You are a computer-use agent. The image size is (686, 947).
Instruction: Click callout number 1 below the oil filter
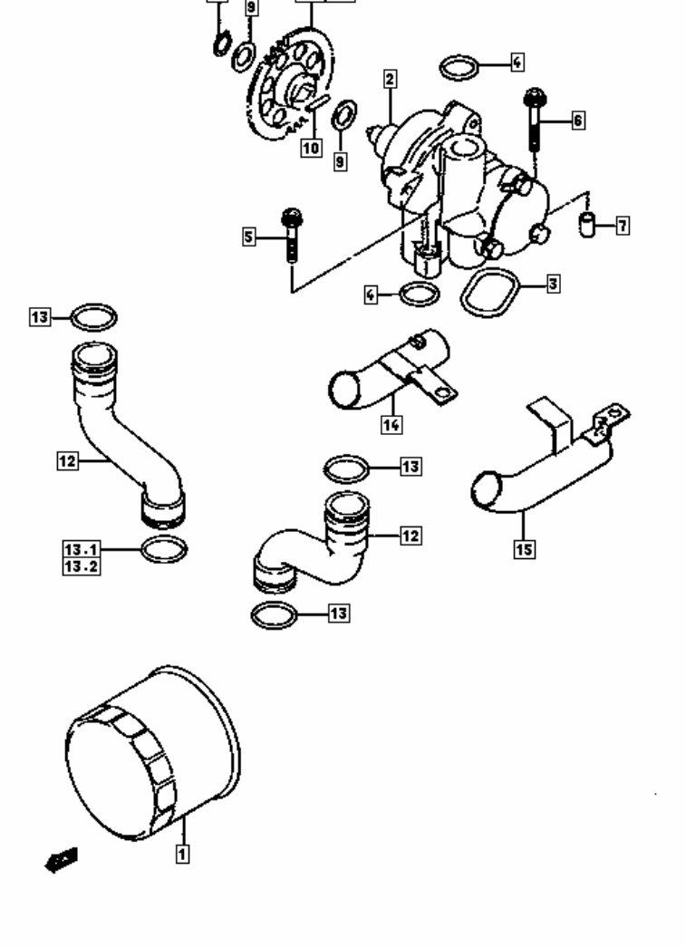tap(182, 853)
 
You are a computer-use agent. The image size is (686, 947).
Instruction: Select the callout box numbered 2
tap(390, 80)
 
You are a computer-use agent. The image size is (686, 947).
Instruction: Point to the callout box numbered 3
tap(553, 285)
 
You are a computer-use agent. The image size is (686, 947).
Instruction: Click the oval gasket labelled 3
tap(490, 293)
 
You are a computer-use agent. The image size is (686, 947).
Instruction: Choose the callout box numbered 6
tap(577, 120)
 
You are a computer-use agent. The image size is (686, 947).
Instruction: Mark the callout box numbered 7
tap(623, 226)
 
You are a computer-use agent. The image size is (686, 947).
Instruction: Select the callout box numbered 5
tap(249, 238)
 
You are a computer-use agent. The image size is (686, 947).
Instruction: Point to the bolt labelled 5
tap(292, 235)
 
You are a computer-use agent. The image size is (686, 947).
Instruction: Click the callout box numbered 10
tap(311, 147)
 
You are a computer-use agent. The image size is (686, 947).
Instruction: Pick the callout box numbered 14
tap(391, 422)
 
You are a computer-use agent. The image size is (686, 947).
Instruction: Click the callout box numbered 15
tap(524, 548)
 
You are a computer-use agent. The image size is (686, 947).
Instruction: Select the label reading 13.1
tap(82, 549)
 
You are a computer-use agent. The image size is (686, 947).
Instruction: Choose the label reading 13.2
tap(82, 566)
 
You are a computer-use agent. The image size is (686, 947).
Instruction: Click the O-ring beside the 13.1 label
tap(165, 549)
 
